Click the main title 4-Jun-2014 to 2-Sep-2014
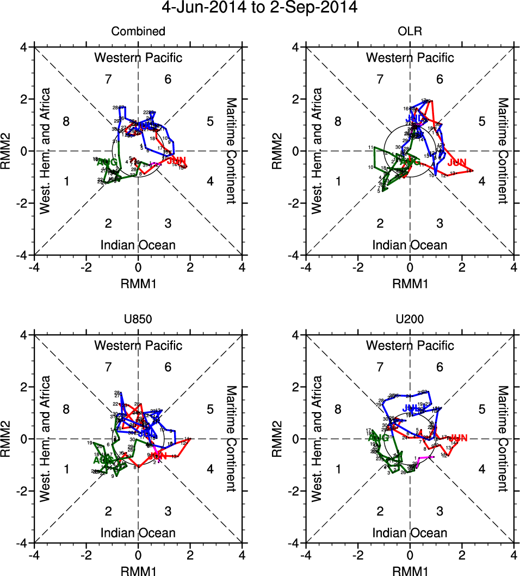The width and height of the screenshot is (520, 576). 260,8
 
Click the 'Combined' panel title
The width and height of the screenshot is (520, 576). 138,32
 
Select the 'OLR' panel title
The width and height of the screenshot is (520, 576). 410,32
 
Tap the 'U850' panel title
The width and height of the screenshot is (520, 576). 138,320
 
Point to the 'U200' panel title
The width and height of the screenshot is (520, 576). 410,320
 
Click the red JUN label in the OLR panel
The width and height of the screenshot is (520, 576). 457,162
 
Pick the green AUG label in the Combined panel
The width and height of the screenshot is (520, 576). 106,162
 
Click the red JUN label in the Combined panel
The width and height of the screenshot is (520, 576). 176,161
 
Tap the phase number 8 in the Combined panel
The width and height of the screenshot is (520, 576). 66,121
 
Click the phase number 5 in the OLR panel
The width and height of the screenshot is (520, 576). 481,121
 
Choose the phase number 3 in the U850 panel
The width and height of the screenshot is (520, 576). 168,511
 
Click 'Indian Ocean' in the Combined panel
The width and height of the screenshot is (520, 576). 138,245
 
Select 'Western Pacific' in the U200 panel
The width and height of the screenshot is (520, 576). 410,345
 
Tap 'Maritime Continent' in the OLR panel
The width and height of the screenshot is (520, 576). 502,151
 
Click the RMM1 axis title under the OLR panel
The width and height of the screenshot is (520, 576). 410,284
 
